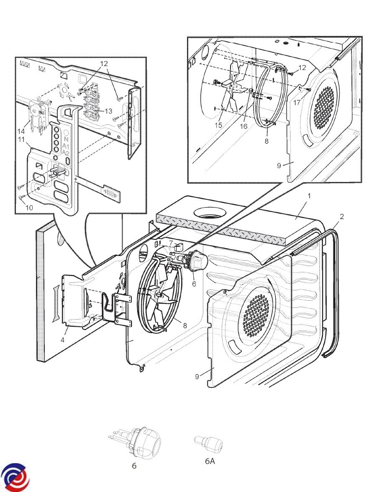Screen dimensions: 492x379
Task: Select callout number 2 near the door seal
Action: pos(342,216)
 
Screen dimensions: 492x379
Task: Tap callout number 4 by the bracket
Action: pos(62,340)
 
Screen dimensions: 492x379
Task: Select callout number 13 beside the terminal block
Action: pos(109,111)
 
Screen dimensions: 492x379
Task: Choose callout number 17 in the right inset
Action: pos(297,101)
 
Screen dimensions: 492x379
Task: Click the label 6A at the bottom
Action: pos(210,461)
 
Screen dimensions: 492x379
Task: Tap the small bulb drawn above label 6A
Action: pos(209,443)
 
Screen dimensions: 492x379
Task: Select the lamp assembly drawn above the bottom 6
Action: pos(138,441)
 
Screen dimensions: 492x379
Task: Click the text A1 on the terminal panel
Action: pos(65,146)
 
